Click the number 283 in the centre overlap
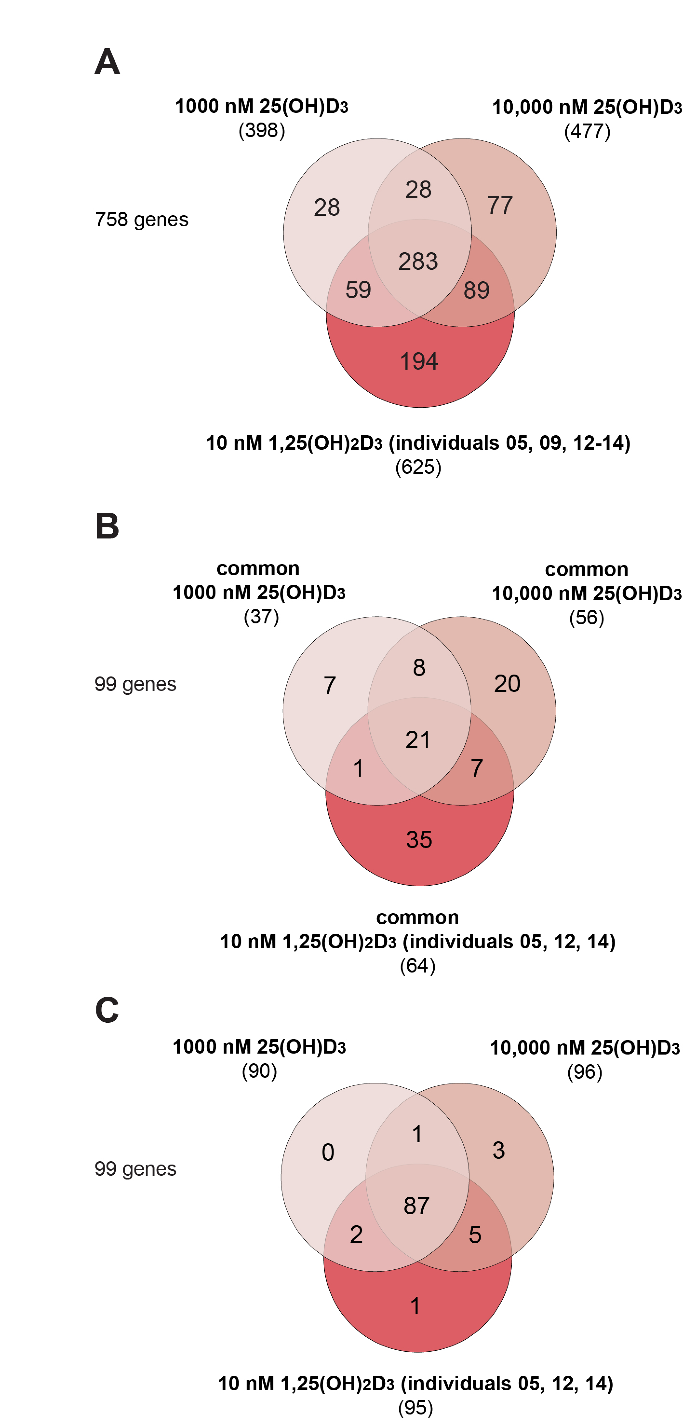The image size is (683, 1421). pyautogui.click(x=418, y=262)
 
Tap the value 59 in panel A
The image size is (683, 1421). pyautogui.click(x=358, y=290)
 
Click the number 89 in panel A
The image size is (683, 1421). pyautogui.click(x=476, y=290)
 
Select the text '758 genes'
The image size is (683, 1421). pyautogui.click(x=142, y=220)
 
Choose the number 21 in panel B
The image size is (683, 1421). pyautogui.click(x=418, y=740)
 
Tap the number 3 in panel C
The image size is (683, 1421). pyautogui.click(x=498, y=1150)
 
